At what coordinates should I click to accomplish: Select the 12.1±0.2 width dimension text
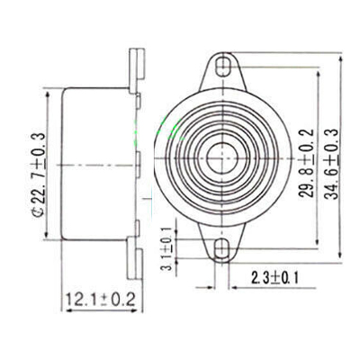click(x=98, y=299)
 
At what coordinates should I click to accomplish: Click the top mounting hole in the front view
click(x=220, y=67)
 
